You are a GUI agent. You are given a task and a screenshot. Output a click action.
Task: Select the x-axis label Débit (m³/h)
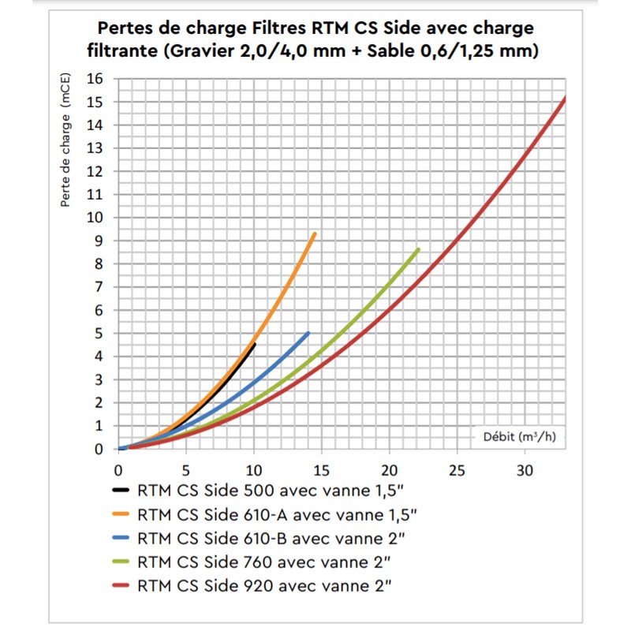[520, 436]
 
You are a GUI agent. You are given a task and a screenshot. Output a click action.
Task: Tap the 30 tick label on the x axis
[523, 472]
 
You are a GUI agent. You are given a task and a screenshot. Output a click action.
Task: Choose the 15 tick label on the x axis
[320, 472]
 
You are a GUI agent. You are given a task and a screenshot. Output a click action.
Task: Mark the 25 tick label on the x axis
[455, 472]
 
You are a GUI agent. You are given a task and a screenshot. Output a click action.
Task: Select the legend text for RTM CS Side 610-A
[277, 517]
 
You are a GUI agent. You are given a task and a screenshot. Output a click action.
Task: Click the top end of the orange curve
[315, 234]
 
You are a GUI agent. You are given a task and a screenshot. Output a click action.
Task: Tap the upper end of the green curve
[417, 250]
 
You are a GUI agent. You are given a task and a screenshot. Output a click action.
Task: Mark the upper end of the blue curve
[308, 334]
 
